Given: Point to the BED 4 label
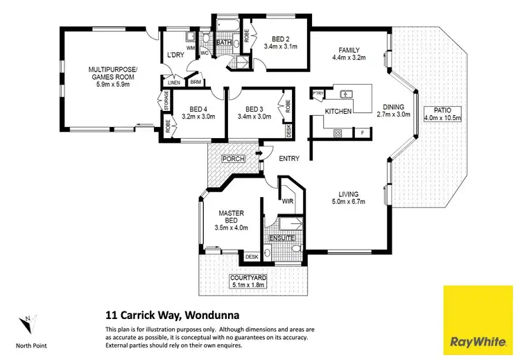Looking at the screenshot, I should [198, 109].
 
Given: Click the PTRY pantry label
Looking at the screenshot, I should [318, 93].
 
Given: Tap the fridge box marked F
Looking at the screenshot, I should [361, 132].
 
